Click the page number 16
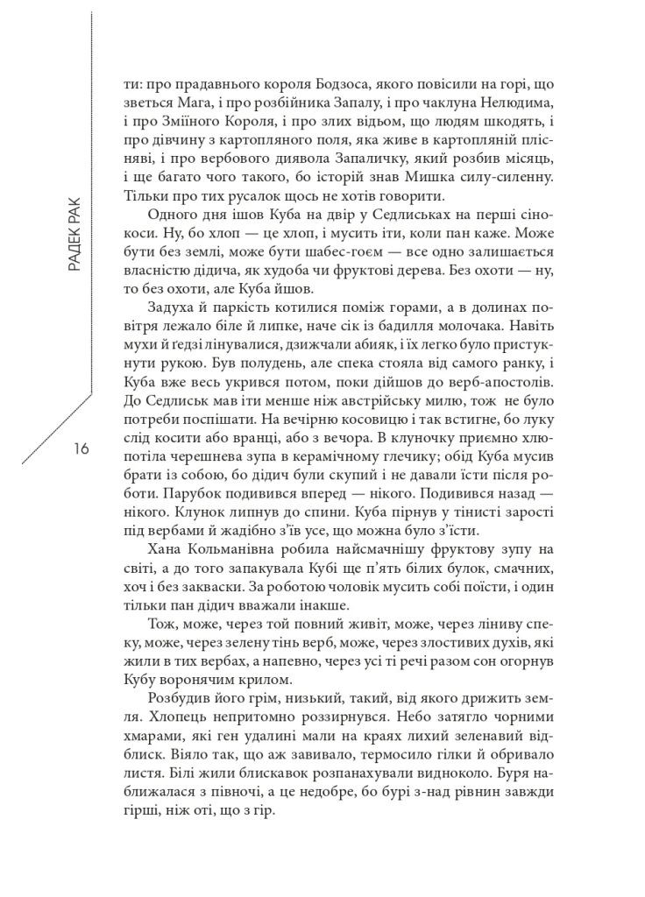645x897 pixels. (x=81, y=449)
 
